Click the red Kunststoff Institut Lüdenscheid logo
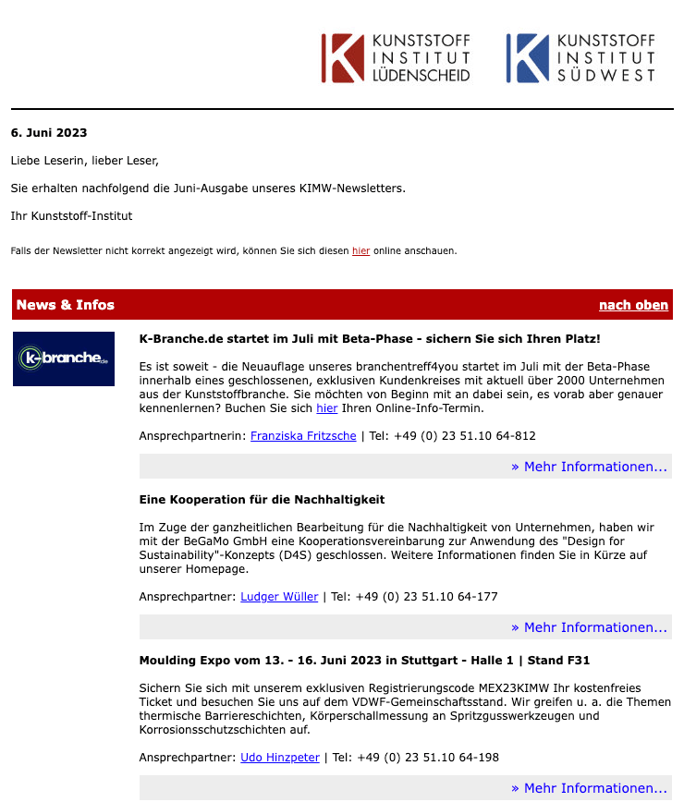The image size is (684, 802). tap(396, 58)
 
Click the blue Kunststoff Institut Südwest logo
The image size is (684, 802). tap(580, 58)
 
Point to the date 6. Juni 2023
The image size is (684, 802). tap(49, 133)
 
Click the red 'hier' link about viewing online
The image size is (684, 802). tap(360, 250)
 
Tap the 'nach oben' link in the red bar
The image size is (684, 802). tap(633, 305)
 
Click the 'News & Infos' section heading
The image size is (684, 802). tap(66, 305)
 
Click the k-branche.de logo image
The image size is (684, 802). tap(64, 358)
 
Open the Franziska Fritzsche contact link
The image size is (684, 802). tap(303, 436)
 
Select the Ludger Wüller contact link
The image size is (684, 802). tap(279, 597)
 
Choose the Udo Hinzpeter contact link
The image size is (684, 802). tap(280, 758)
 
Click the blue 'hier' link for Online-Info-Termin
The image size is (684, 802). tap(327, 408)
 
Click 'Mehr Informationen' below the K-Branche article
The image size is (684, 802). tap(589, 467)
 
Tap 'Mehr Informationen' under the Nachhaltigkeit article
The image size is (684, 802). tap(589, 627)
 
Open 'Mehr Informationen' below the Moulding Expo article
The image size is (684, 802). tap(589, 788)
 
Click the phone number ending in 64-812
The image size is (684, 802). tap(453, 436)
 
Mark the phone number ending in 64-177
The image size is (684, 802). tap(428, 597)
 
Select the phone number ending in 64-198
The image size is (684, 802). tap(429, 758)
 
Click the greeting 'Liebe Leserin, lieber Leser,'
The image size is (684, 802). tap(85, 161)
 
